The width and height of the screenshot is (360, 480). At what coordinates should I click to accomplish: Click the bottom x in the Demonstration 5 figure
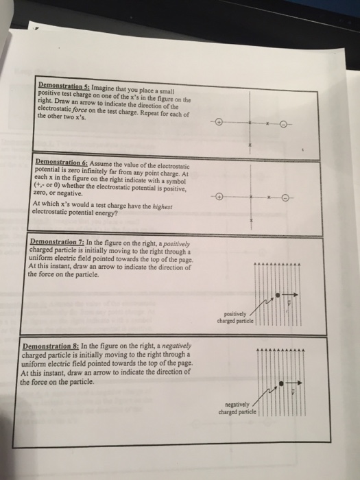click(x=251, y=146)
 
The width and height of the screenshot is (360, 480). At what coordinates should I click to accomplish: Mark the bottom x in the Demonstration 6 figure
click(x=251, y=220)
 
